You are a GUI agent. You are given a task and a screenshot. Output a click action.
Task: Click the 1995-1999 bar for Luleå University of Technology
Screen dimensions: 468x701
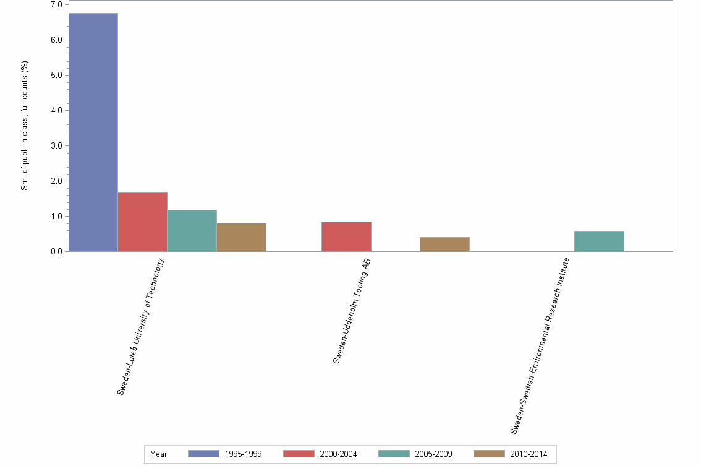click(93, 132)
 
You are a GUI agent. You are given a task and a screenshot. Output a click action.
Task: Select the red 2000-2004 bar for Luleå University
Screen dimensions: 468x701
click(142, 222)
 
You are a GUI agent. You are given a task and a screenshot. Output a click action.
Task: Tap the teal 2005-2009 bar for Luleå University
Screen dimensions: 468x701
click(192, 230)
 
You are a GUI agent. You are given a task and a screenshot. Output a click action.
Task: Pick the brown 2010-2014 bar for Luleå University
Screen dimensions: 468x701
click(241, 237)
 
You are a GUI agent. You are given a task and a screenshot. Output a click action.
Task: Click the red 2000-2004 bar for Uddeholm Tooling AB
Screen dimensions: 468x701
click(346, 236)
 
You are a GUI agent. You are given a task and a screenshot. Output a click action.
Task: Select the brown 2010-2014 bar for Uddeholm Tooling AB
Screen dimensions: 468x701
click(444, 244)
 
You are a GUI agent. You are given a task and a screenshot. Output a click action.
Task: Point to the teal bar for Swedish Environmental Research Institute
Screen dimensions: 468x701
click(599, 241)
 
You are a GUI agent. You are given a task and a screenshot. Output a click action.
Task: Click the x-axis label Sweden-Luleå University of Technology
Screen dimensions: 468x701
click(142, 326)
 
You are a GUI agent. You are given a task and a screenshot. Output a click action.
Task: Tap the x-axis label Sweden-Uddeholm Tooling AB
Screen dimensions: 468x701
click(352, 311)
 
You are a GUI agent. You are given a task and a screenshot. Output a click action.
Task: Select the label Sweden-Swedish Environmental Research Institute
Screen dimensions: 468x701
click(539, 345)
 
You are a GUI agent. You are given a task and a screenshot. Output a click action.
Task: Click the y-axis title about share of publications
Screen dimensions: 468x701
click(25, 126)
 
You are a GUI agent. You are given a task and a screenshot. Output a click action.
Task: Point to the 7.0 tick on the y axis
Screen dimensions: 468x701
click(56, 5)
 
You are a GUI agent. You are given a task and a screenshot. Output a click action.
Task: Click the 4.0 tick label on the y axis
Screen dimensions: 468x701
click(56, 111)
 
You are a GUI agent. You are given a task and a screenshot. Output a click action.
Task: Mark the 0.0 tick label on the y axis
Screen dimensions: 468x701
click(56, 252)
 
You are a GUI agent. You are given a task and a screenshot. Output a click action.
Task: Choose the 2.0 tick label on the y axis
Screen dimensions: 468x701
click(56, 181)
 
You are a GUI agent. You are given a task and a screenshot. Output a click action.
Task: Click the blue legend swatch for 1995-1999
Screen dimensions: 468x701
click(203, 454)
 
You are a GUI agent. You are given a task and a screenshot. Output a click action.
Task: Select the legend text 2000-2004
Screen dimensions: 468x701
click(338, 454)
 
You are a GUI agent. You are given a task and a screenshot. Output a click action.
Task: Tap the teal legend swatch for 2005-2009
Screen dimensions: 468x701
click(394, 454)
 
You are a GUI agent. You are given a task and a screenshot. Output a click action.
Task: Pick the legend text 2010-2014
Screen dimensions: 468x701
click(529, 454)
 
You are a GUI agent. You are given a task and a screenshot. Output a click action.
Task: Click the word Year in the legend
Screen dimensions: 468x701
click(159, 454)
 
